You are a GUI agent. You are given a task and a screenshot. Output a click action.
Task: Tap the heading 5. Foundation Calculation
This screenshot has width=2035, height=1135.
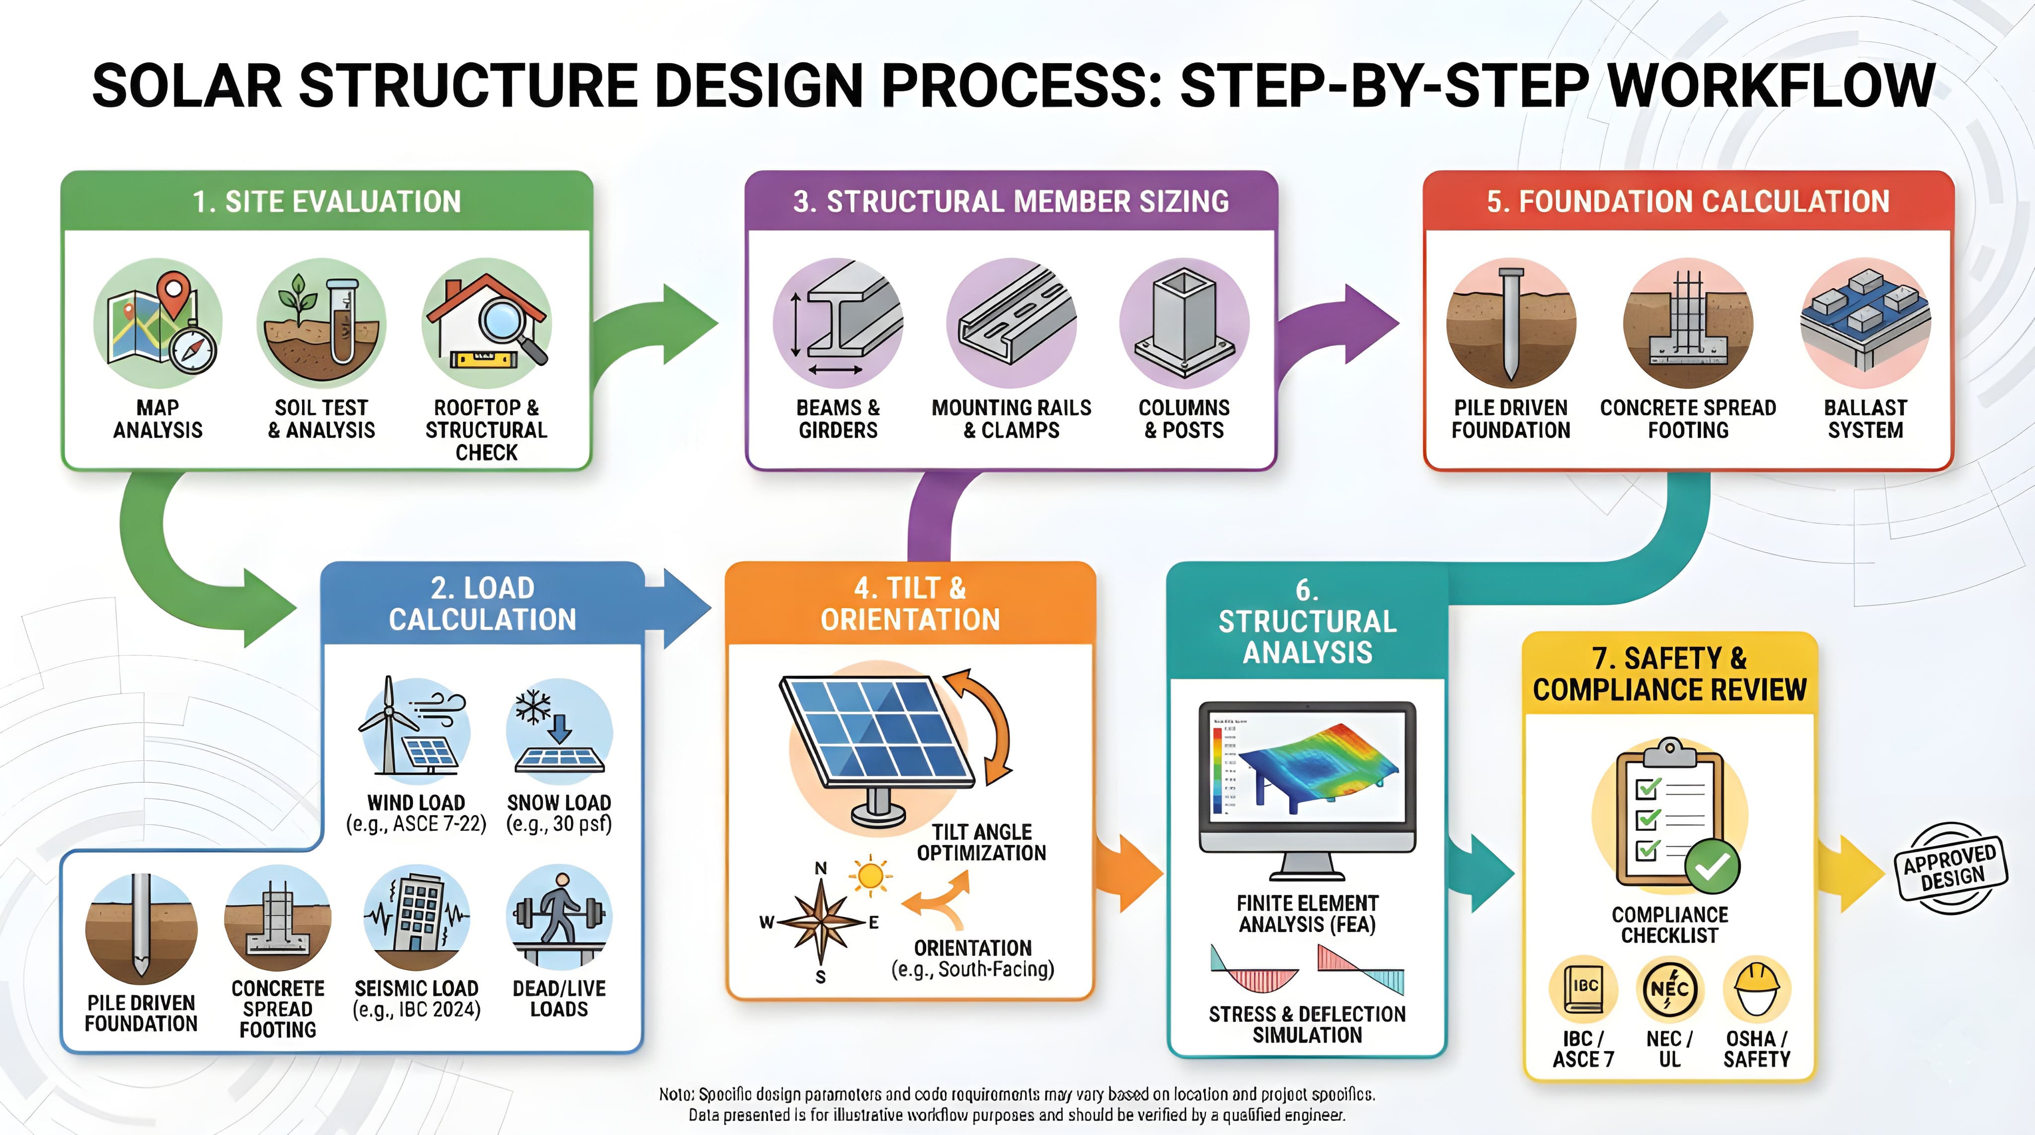[1688, 202]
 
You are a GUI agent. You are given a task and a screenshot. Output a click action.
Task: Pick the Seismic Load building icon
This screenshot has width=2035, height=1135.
[417, 917]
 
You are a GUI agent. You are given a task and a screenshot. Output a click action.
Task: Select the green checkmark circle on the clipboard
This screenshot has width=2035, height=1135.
[1711, 866]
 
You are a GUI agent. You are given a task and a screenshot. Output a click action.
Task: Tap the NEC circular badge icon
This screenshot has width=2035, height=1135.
[1669, 989]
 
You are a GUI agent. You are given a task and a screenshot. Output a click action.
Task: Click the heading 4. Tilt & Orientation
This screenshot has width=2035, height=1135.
[910, 604]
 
